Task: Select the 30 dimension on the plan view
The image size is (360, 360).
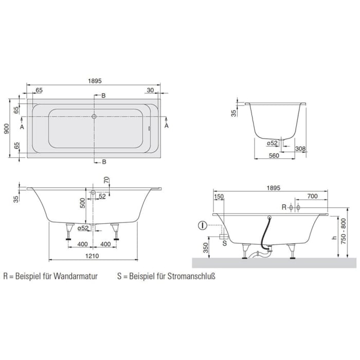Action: [150, 90]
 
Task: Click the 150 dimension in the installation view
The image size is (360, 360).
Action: [218, 196]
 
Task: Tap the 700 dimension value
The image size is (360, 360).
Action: [311, 196]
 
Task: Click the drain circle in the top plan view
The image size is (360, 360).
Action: [94, 116]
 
